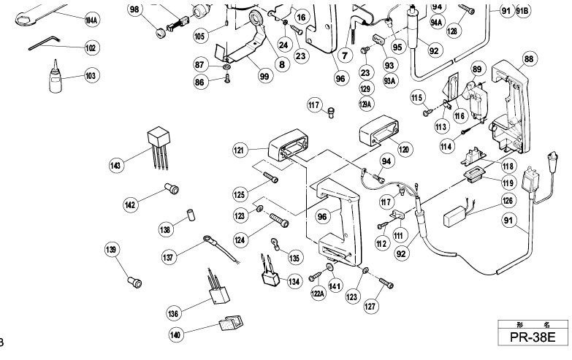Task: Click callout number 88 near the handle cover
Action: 529,58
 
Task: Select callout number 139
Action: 111,250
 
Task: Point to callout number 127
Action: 371,307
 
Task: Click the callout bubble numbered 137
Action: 169,258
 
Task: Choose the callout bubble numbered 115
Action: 418,98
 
